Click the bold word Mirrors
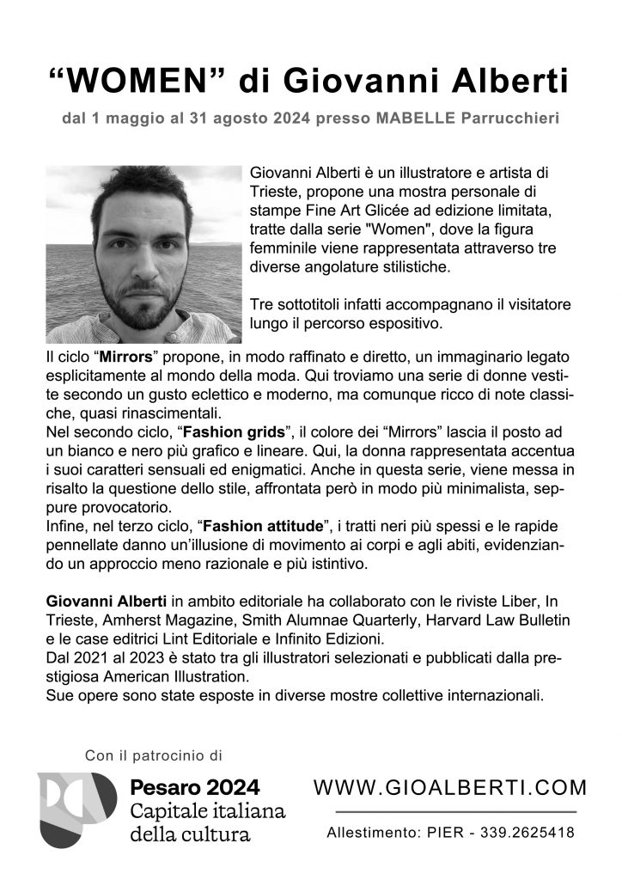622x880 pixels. [128, 356]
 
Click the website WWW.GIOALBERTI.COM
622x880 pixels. [451, 787]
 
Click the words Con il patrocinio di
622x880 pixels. [154, 756]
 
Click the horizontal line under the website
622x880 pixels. [454, 811]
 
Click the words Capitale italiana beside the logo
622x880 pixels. [207, 811]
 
